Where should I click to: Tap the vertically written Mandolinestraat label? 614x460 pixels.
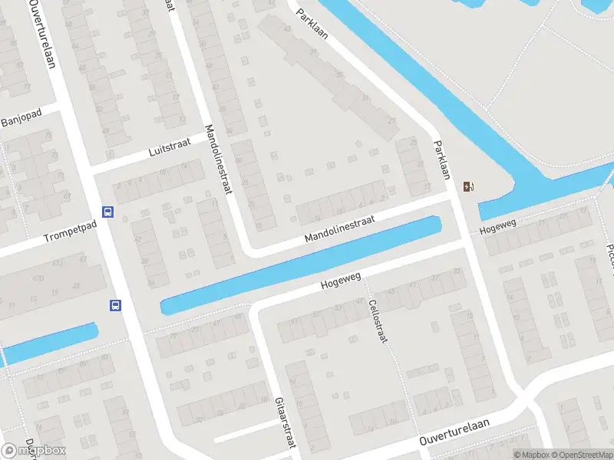coord(217,159)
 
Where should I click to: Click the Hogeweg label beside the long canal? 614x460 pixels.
coord(340,283)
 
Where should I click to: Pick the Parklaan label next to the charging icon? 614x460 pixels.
coord(441,159)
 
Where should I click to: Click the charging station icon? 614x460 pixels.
coord(468,186)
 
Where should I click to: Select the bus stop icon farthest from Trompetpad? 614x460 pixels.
coord(115,305)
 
